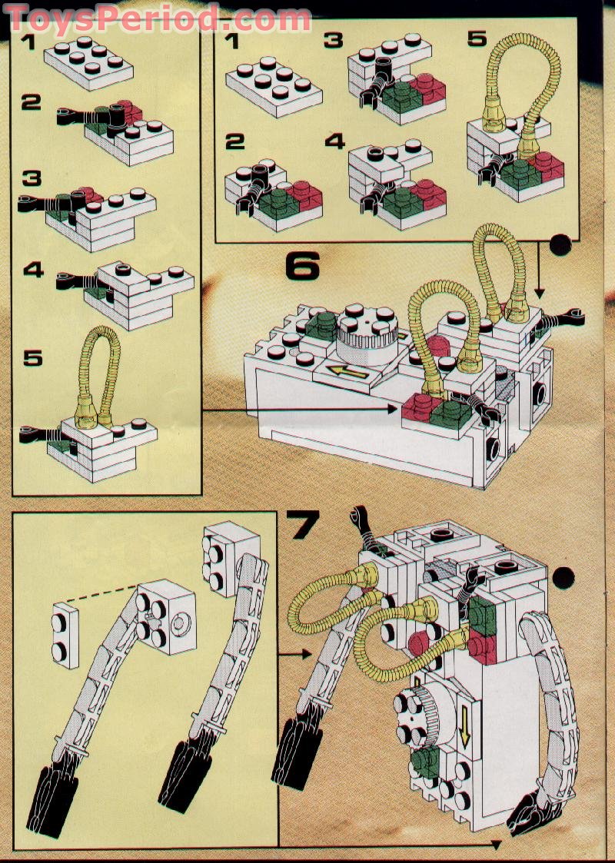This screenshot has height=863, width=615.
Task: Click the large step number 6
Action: [302, 265]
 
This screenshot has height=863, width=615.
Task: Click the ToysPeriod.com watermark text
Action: [158, 17]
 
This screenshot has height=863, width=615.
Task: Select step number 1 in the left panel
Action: [28, 41]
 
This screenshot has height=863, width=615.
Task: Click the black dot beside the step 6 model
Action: [560, 247]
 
